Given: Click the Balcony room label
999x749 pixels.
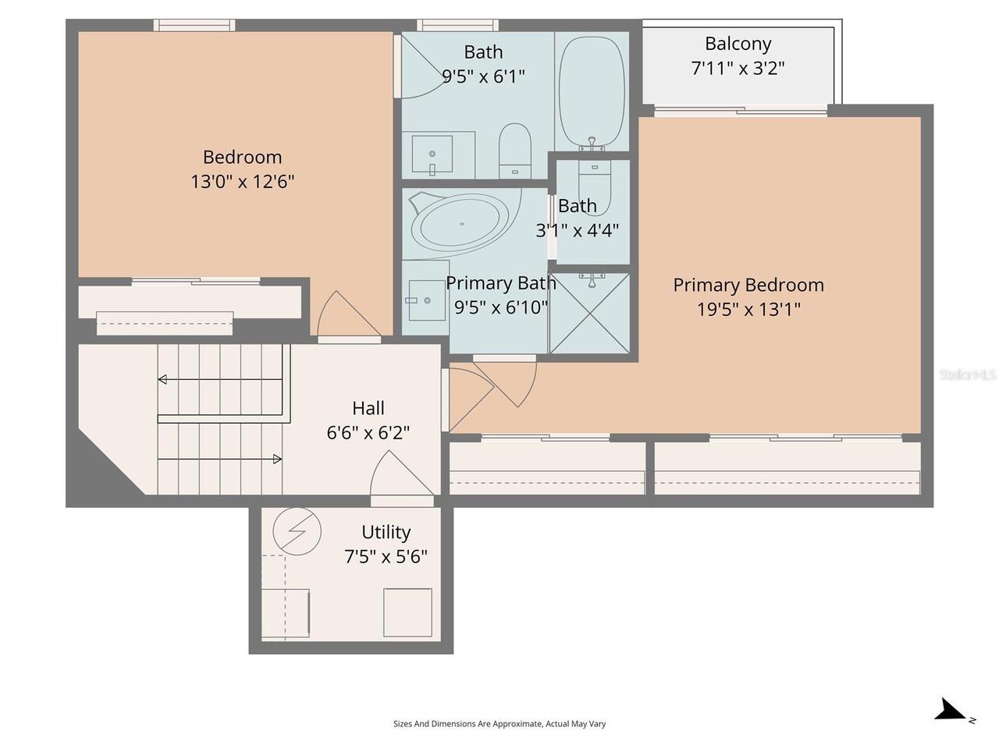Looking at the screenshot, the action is coord(738,44).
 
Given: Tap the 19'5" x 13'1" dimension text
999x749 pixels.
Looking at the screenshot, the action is coord(748,310).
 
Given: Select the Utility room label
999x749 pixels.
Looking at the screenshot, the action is coord(386,532).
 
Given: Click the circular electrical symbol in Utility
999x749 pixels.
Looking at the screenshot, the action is coord(297,531).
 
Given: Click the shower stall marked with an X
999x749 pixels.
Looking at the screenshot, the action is coord(590,313).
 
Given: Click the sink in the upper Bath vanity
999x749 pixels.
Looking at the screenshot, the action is coord(432,154).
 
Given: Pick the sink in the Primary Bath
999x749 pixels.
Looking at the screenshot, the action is coord(426,300).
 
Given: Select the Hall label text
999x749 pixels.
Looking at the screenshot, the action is coord(368,408).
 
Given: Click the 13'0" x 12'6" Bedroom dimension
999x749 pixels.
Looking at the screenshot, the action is coord(242,182).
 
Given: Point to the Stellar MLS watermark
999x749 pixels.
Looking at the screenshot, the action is coord(967,374).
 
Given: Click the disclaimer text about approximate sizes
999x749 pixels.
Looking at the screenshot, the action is coord(499,723).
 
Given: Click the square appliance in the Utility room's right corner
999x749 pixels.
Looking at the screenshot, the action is coord(407,612).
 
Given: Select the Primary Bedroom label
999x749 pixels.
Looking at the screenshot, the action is coord(748,286).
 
